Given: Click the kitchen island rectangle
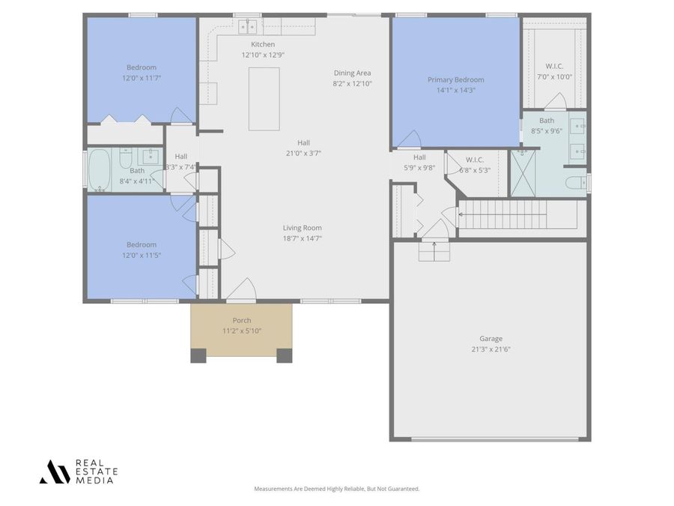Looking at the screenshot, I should click(x=264, y=98).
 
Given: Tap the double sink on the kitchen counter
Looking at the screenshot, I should click(x=248, y=27).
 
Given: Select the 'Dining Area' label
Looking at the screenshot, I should click(x=352, y=73).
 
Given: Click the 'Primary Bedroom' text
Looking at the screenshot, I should click(x=455, y=79).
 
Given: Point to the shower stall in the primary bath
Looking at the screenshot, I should click(x=523, y=172).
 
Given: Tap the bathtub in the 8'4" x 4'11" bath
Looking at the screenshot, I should click(x=99, y=170).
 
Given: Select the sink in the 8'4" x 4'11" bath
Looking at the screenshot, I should click(x=151, y=156).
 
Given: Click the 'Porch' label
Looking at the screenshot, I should click(x=241, y=320).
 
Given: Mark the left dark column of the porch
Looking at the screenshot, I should click(x=198, y=355).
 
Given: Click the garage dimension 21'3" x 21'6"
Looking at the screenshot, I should click(x=491, y=349).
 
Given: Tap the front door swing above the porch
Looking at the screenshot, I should click(x=241, y=290).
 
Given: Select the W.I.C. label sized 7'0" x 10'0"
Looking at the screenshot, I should click(x=554, y=67).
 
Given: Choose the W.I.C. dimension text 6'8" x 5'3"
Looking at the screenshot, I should click(x=474, y=170).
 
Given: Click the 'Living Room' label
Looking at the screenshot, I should click(x=302, y=228).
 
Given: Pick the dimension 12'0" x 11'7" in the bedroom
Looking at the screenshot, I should click(x=141, y=78).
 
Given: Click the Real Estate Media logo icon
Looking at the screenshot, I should click(x=55, y=472).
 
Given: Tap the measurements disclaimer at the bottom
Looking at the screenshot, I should click(x=336, y=489).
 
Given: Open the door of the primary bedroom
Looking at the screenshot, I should click(x=408, y=140).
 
